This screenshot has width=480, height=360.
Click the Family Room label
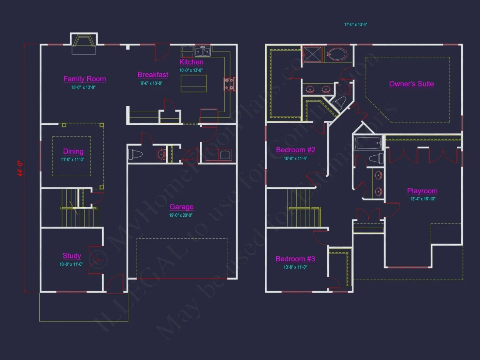(85, 79)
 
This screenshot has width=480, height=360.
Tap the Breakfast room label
(153, 75)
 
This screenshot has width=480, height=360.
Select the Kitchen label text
(192, 62)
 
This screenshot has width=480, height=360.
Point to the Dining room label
(73, 151)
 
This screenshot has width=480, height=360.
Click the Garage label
(182, 207)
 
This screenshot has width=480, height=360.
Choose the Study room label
(72, 256)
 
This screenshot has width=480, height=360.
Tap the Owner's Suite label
(411, 84)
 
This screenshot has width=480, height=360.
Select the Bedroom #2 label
(295, 150)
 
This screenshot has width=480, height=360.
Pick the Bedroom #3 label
(295, 259)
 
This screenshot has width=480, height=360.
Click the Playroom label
(422, 191)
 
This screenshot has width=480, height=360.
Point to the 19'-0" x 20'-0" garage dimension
(181, 215)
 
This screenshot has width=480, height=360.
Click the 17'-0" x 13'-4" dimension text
(356, 25)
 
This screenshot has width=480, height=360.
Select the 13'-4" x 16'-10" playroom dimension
(423, 199)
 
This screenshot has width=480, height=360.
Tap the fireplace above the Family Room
(83, 44)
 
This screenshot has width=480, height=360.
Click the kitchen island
(194, 83)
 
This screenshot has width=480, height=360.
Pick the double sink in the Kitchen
(203, 52)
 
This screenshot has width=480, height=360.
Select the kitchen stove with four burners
(230, 84)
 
